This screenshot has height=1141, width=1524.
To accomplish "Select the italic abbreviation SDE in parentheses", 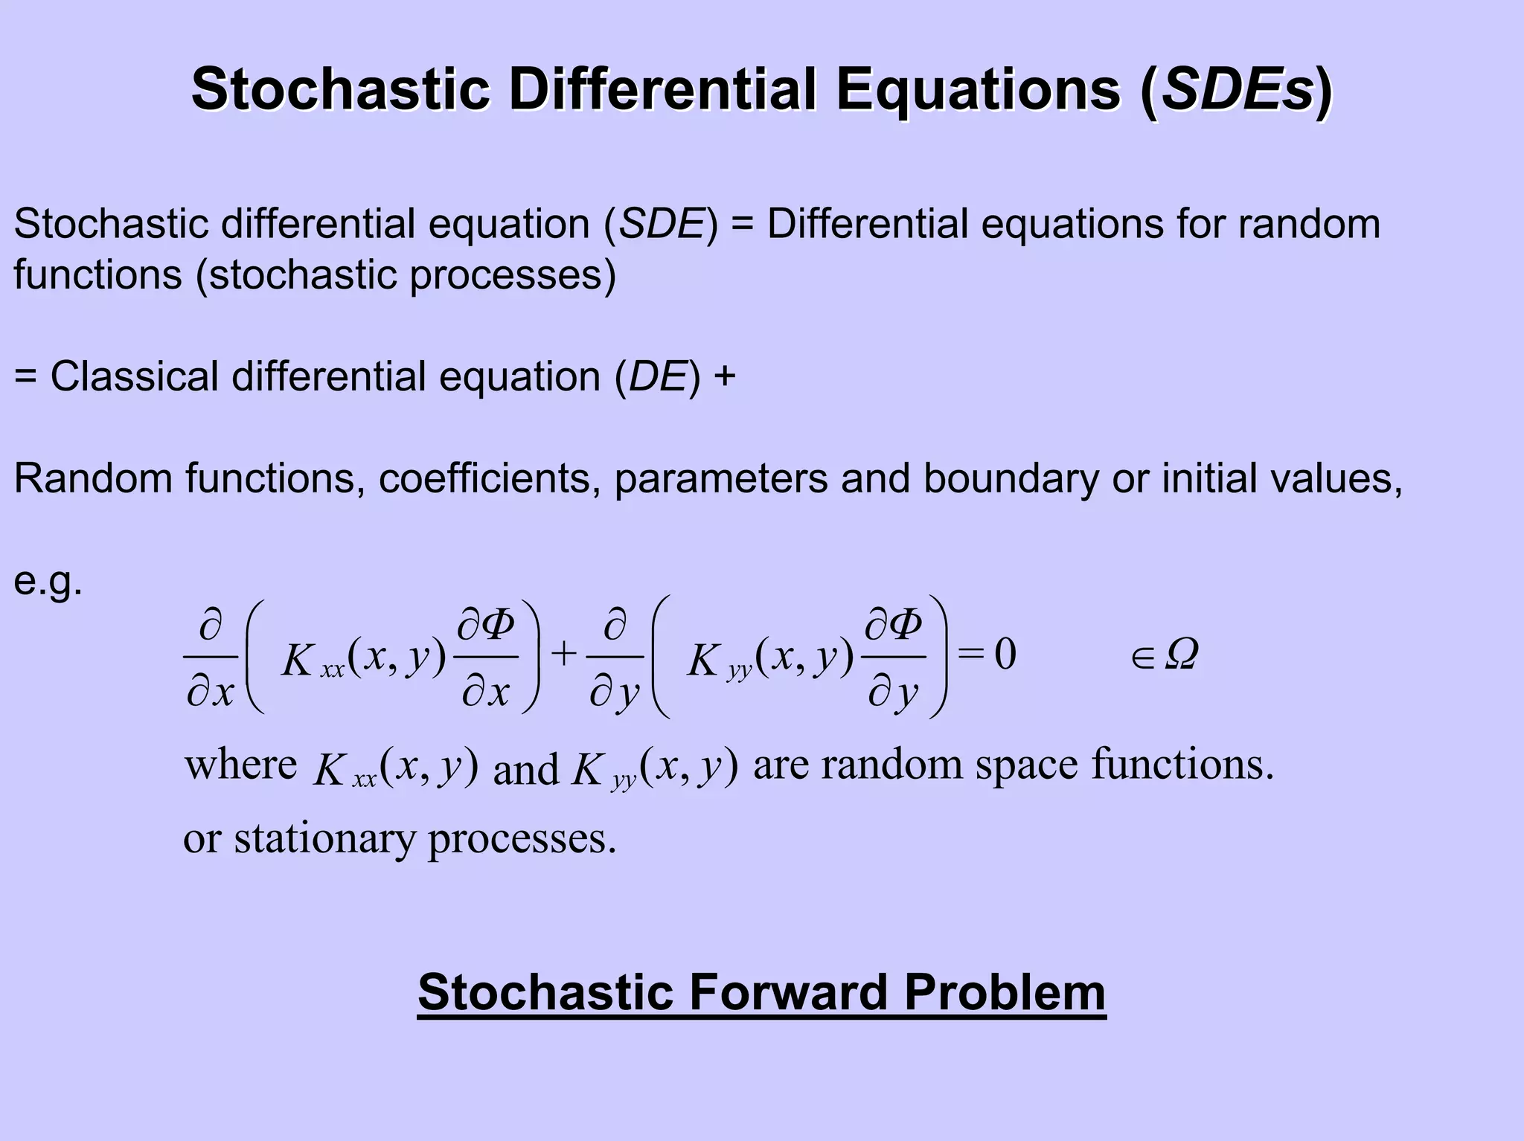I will pyautogui.click(x=662, y=223).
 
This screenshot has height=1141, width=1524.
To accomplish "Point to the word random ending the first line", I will pyautogui.click(x=1309, y=223).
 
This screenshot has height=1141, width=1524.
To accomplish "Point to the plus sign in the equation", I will pyautogui.click(x=564, y=655).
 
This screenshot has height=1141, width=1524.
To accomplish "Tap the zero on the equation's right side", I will pyautogui.click(x=1005, y=655).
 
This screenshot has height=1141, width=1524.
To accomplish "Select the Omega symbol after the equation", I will pyautogui.click(x=1181, y=655).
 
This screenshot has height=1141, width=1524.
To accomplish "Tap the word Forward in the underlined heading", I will pyautogui.click(x=788, y=991).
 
